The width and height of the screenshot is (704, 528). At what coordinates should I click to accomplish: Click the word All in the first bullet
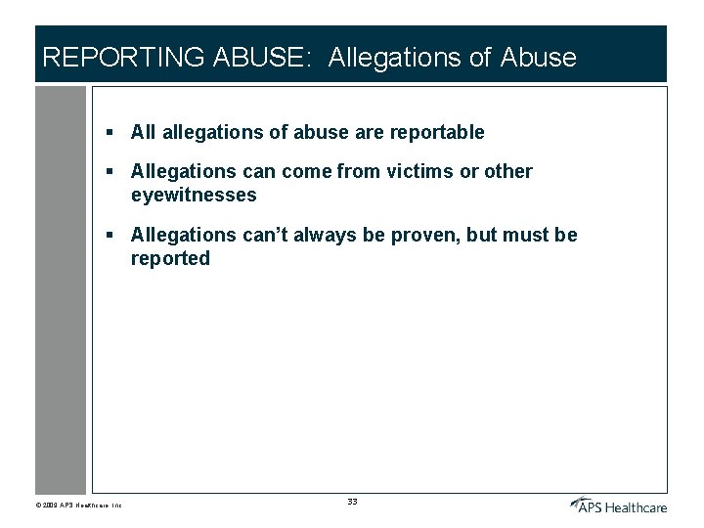tap(144, 132)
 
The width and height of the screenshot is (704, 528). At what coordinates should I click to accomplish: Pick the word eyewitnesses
tap(194, 196)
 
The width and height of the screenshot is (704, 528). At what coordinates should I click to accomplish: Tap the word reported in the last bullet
tap(170, 259)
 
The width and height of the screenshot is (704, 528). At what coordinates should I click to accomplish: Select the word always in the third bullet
tap(311, 236)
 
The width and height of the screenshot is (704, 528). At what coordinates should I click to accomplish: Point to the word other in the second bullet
tap(508, 172)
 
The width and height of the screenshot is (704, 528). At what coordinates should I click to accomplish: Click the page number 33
tap(352, 502)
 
